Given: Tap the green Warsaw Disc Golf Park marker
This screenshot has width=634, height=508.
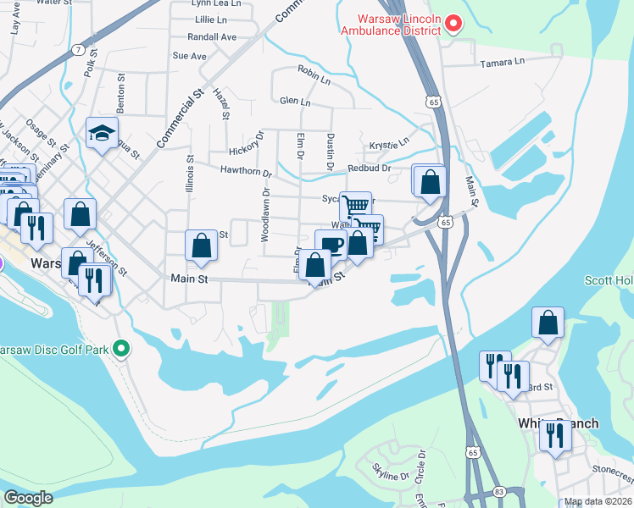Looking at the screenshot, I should coord(121,348).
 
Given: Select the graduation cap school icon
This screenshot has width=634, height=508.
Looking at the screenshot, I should coord(102,133).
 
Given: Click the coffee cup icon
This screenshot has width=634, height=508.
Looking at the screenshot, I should coord(331,246).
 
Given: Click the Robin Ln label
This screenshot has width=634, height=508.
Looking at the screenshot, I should coord(314,75).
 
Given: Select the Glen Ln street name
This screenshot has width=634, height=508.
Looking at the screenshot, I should coord(295,102).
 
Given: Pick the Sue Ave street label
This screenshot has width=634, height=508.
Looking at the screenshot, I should coord(189,56).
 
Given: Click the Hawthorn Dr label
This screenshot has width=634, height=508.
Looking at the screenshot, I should coord(245,173).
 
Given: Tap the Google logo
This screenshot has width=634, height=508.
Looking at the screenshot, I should coord(29,497).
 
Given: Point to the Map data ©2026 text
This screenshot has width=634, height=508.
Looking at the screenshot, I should coord(598,502).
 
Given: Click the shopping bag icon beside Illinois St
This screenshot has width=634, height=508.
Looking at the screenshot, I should coord(202,246).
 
